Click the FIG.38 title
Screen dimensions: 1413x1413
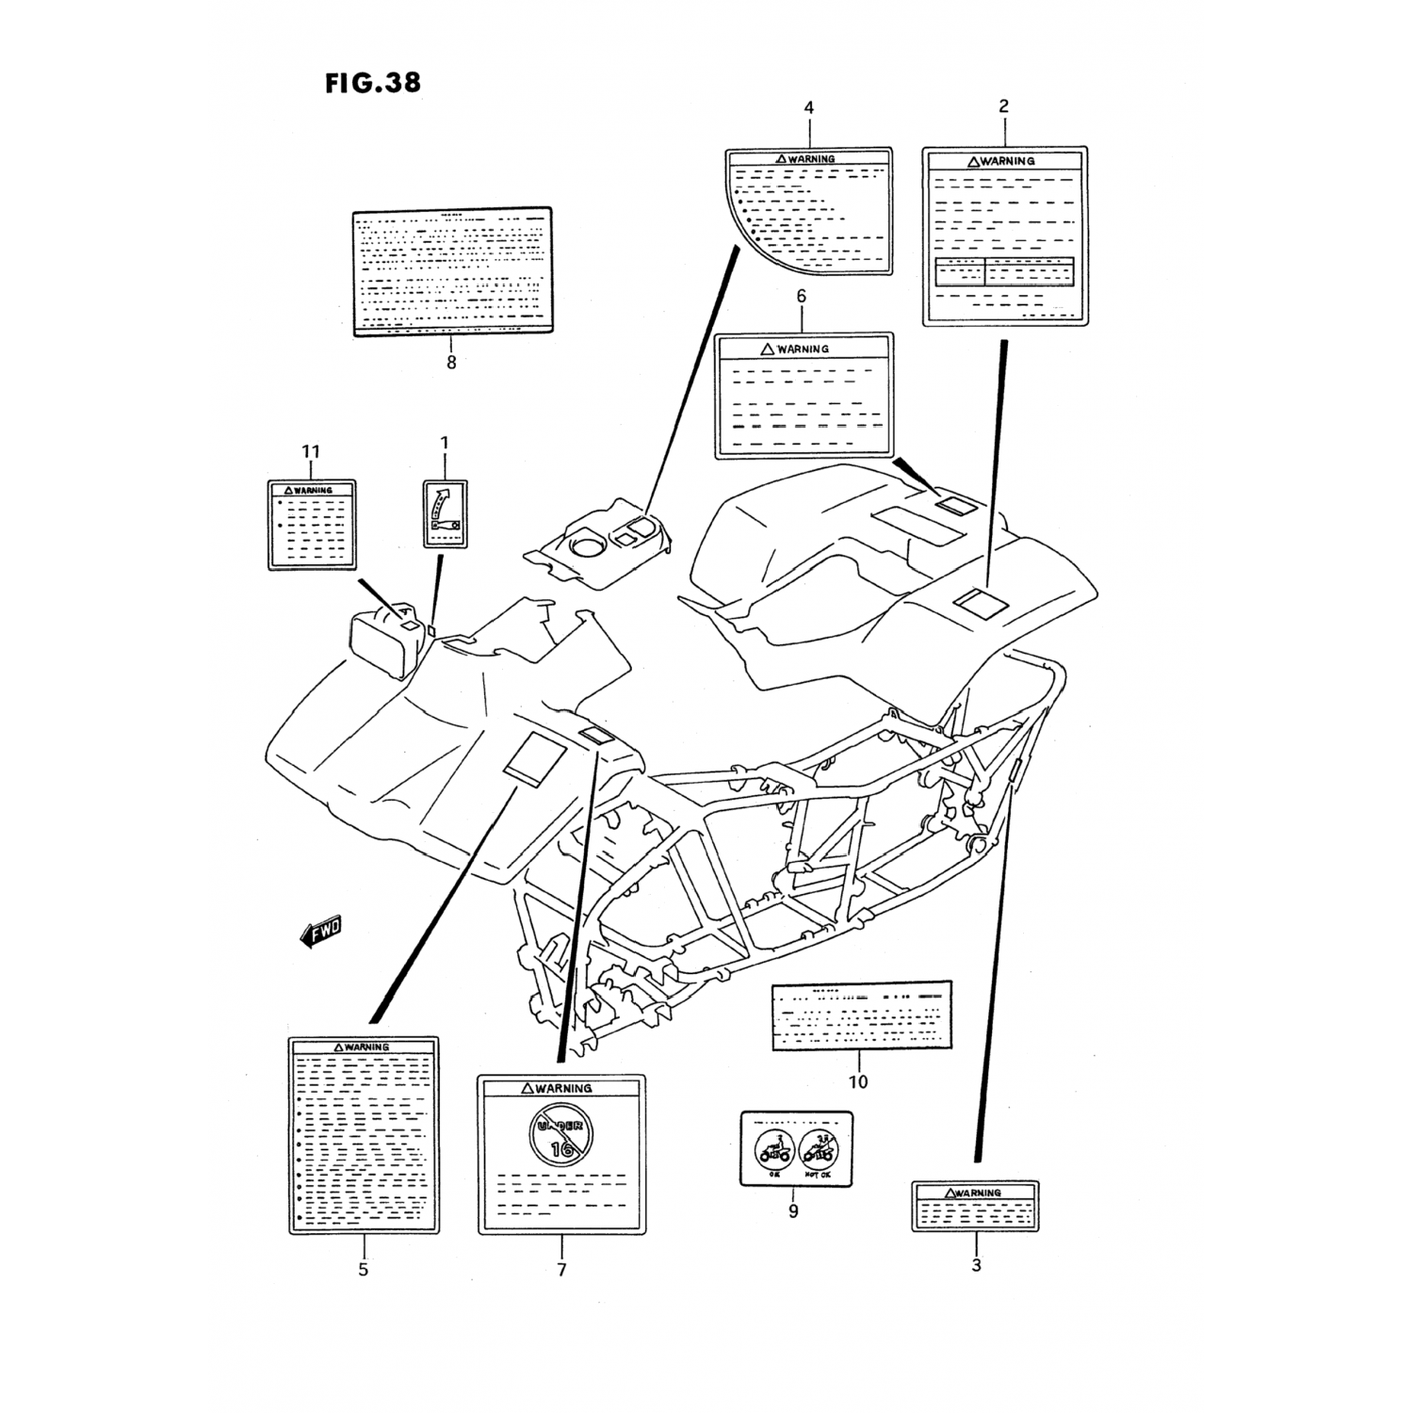(373, 83)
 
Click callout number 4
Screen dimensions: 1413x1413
(808, 108)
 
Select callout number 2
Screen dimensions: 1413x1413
(1003, 106)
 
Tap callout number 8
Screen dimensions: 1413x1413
(451, 363)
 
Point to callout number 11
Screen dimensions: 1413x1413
(311, 453)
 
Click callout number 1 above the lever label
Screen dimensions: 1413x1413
(445, 443)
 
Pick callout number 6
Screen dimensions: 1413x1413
(802, 297)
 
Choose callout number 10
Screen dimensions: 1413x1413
(857, 1082)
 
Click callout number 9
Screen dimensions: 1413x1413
(793, 1211)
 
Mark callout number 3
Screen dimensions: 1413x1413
(976, 1265)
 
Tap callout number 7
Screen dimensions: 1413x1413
(561, 1270)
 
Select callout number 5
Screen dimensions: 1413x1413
(363, 1270)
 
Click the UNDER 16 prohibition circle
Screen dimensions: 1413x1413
(562, 1132)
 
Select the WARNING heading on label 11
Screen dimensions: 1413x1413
(313, 490)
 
